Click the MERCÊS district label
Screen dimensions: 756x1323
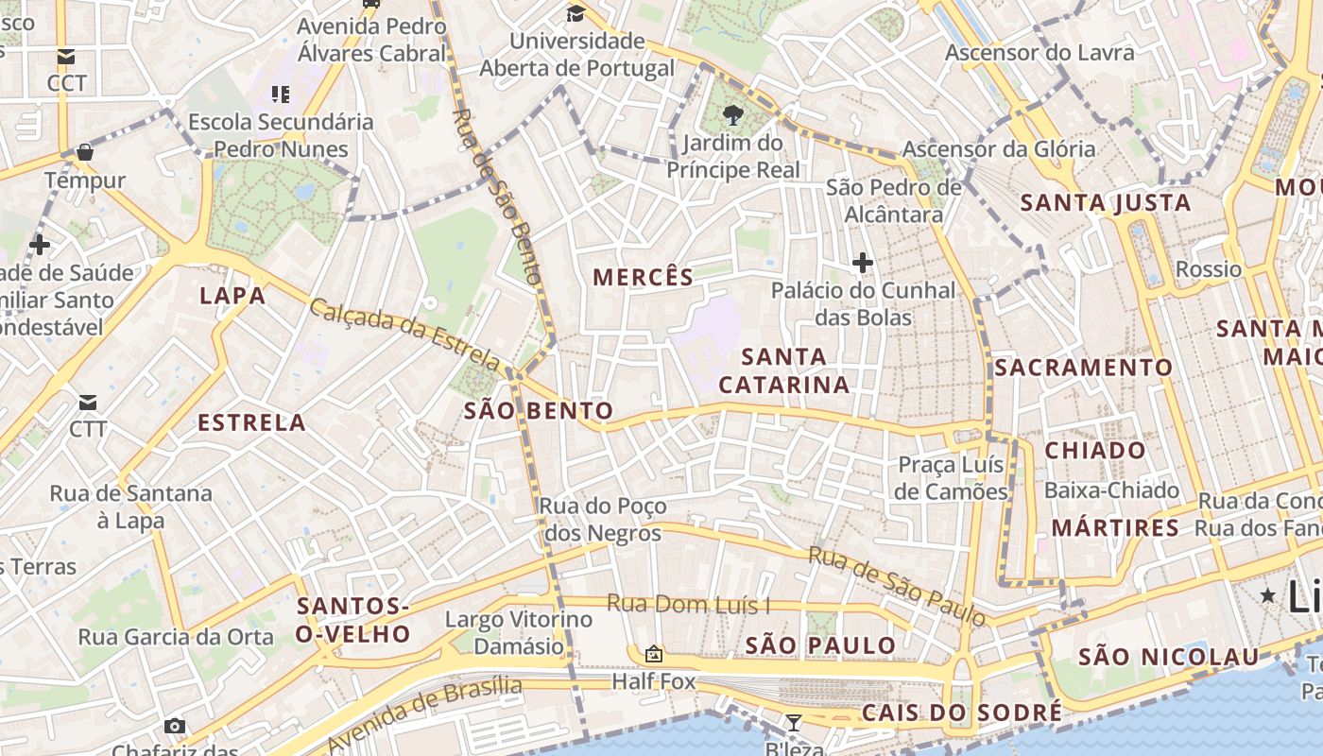[x=643, y=277]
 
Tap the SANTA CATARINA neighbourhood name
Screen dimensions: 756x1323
[x=783, y=370]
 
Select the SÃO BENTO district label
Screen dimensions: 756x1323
[x=539, y=410]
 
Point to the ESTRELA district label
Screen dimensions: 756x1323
[x=251, y=422]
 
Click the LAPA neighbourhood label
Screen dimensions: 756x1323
[x=232, y=296]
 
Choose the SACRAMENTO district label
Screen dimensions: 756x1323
[x=1083, y=367]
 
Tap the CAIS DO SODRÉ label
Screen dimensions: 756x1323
[x=962, y=713]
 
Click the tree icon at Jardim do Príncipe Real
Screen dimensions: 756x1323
[x=732, y=115]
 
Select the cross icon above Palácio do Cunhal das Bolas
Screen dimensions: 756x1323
[x=862, y=262]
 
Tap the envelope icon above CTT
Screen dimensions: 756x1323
[x=88, y=403]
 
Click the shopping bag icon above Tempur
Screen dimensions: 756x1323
[x=85, y=152]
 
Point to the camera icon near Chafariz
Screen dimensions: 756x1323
[x=175, y=726]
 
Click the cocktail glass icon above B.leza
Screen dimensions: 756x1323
[x=794, y=723]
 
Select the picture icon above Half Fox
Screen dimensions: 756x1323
[x=653, y=654]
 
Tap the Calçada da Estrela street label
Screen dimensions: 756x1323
[x=404, y=335]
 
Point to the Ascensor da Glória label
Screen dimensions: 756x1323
[x=999, y=149]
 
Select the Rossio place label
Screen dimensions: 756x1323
[x=1208, y=269]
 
